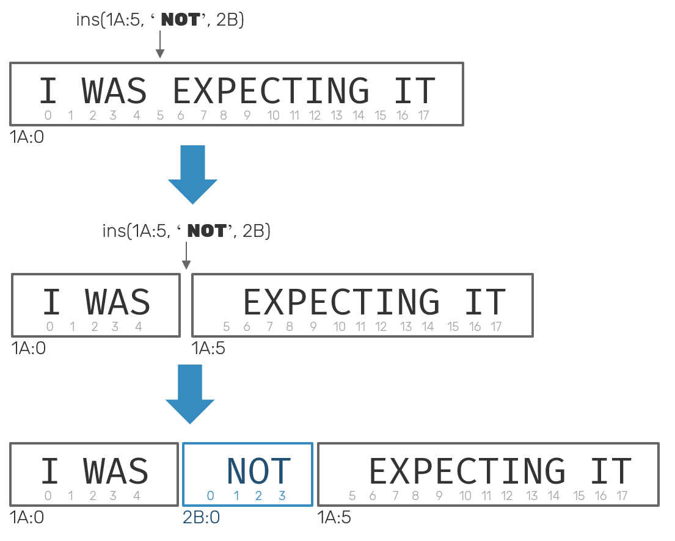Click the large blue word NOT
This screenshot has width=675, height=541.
pos(258,471)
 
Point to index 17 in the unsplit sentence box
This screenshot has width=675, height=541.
pos(423,115)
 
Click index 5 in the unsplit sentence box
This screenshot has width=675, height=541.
pos(160,115)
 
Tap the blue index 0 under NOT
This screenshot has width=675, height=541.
pos(211,496)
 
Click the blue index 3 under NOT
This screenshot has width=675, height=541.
pos(282,496)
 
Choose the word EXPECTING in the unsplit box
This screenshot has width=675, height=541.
pos(271,91)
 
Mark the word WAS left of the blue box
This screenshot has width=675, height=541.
pos(116,471)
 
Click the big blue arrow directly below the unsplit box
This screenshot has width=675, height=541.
pos(193,175)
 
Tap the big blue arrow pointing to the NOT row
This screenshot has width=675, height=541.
pos(190,394)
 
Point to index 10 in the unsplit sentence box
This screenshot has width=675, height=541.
pos(273,115)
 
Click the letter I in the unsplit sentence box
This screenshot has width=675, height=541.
pos(48,91)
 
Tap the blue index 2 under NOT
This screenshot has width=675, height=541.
pos(258,496)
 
